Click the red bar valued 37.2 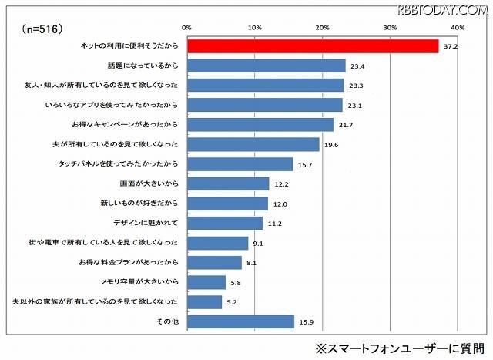pos(314,46)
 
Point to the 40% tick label pos(458,28)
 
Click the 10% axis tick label pos(256,28)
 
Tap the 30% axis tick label pos(390,28)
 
